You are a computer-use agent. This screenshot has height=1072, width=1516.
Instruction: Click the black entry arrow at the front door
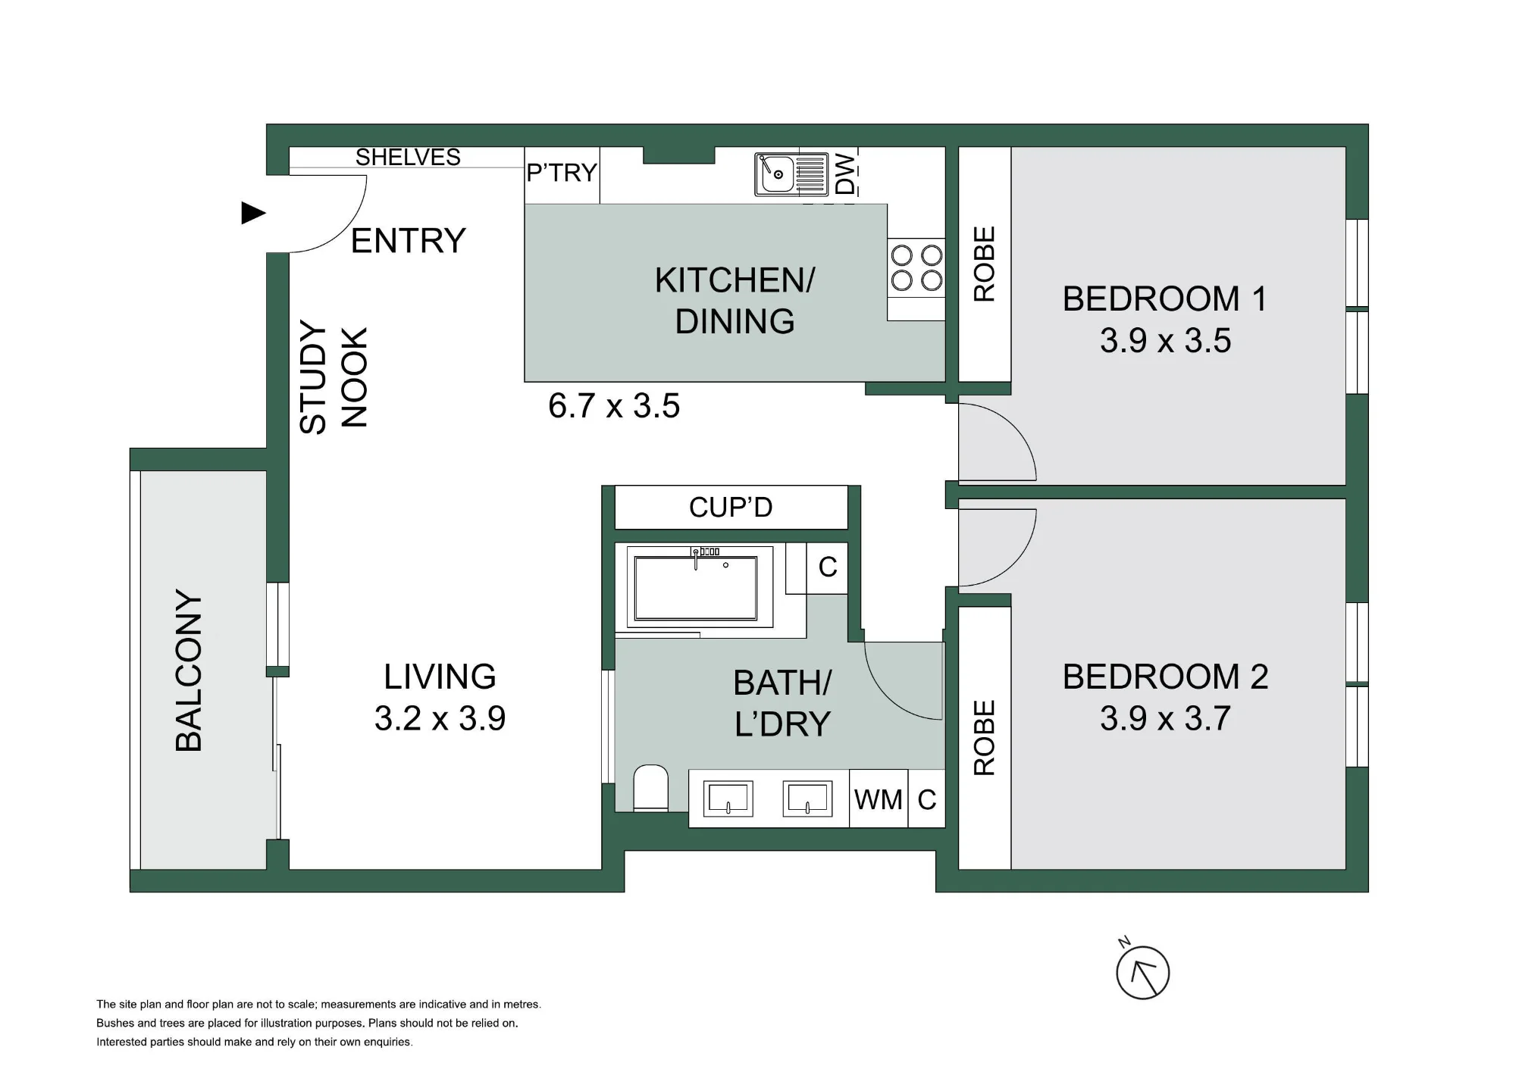pos(253,213)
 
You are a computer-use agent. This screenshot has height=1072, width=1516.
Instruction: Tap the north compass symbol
pos(1142,972)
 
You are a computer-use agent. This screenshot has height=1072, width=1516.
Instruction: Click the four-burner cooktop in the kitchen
pos(916,267)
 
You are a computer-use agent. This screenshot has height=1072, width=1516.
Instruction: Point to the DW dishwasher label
pos(845,174)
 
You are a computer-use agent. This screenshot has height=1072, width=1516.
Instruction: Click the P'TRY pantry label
pos(562,173)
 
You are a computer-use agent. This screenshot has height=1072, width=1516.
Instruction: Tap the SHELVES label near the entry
pos(408,157)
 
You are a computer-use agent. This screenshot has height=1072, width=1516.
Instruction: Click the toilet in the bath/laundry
pos(650,788)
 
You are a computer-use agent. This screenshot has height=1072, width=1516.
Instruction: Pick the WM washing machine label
pos(879,799)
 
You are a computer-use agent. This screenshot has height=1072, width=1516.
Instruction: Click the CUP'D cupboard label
pos(731,507)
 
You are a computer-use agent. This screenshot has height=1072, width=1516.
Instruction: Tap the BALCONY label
pos(189,670)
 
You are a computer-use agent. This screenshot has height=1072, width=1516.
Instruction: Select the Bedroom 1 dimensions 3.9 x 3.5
pos(1166,340)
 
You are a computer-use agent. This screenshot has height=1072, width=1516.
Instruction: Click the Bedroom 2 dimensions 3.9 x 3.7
pos(1166,717)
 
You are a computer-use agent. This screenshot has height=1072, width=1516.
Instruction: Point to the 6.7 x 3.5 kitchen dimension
pos(614,405)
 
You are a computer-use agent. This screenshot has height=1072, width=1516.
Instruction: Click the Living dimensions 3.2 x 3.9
pos(440,717)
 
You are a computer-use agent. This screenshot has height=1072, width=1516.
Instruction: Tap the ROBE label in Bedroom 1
pos(984,264)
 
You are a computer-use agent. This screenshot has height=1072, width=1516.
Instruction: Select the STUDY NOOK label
pos(334,377)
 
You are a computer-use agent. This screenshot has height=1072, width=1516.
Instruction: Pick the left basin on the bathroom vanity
pos(728,799)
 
